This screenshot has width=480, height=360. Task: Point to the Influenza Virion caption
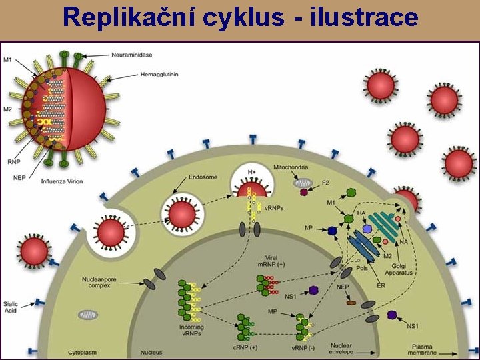point(62,181)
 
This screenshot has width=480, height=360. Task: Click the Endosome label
point(194,178)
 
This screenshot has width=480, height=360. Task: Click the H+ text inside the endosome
point(252,172)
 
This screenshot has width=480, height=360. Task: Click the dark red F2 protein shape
point(304,192)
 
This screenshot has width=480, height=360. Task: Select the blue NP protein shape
point(332,231)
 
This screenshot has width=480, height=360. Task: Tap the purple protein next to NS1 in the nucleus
point(313,291)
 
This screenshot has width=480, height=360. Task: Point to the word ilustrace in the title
point(365,18)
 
